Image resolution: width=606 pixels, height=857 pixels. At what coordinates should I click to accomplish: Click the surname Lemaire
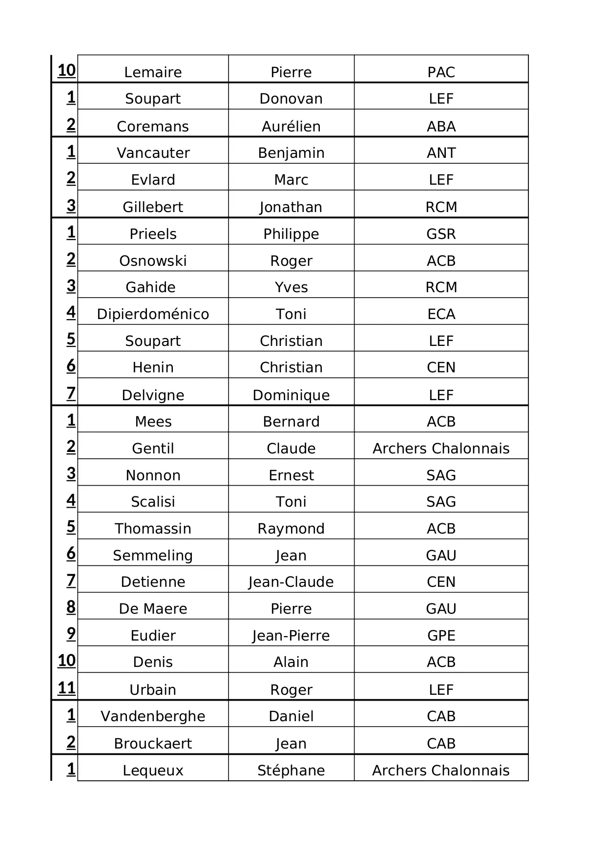(153, 72)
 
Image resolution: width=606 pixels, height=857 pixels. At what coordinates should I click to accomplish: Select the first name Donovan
(291, 99)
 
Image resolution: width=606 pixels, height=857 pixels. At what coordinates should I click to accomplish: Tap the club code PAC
(441, 72)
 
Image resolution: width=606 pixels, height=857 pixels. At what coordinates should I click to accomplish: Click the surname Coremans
(153, 127)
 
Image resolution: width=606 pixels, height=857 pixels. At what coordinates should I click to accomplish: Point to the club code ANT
(441, 153)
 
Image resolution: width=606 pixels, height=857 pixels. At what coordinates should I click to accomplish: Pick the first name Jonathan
(291, 207)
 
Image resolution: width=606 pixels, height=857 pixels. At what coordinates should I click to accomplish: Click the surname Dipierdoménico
(153, 314)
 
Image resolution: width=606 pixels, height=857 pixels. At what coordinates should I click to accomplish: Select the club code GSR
(441, 234)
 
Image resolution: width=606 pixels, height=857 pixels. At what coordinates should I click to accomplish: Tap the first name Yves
(291, 287)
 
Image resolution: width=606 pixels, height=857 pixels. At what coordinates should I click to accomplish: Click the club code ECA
(441, 314)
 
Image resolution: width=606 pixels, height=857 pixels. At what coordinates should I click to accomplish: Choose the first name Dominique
(291, 395)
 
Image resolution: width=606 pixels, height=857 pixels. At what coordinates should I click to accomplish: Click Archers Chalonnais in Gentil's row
(441, 449)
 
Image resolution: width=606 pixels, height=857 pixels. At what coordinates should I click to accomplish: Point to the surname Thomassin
(153, 529)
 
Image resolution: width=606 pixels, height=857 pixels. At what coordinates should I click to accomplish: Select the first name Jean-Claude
(291, 582)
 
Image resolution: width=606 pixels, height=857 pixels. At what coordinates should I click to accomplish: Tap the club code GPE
(441, 636)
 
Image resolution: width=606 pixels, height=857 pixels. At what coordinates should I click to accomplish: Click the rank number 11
(67, 688)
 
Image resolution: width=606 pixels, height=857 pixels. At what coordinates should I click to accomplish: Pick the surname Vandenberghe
(153, 716)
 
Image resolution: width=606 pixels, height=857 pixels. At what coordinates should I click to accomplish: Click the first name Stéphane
(291, 771)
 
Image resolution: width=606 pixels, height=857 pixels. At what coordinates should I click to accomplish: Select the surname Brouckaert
(153, 744)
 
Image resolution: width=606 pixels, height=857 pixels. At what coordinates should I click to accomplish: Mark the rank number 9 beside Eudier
(71, 633)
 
